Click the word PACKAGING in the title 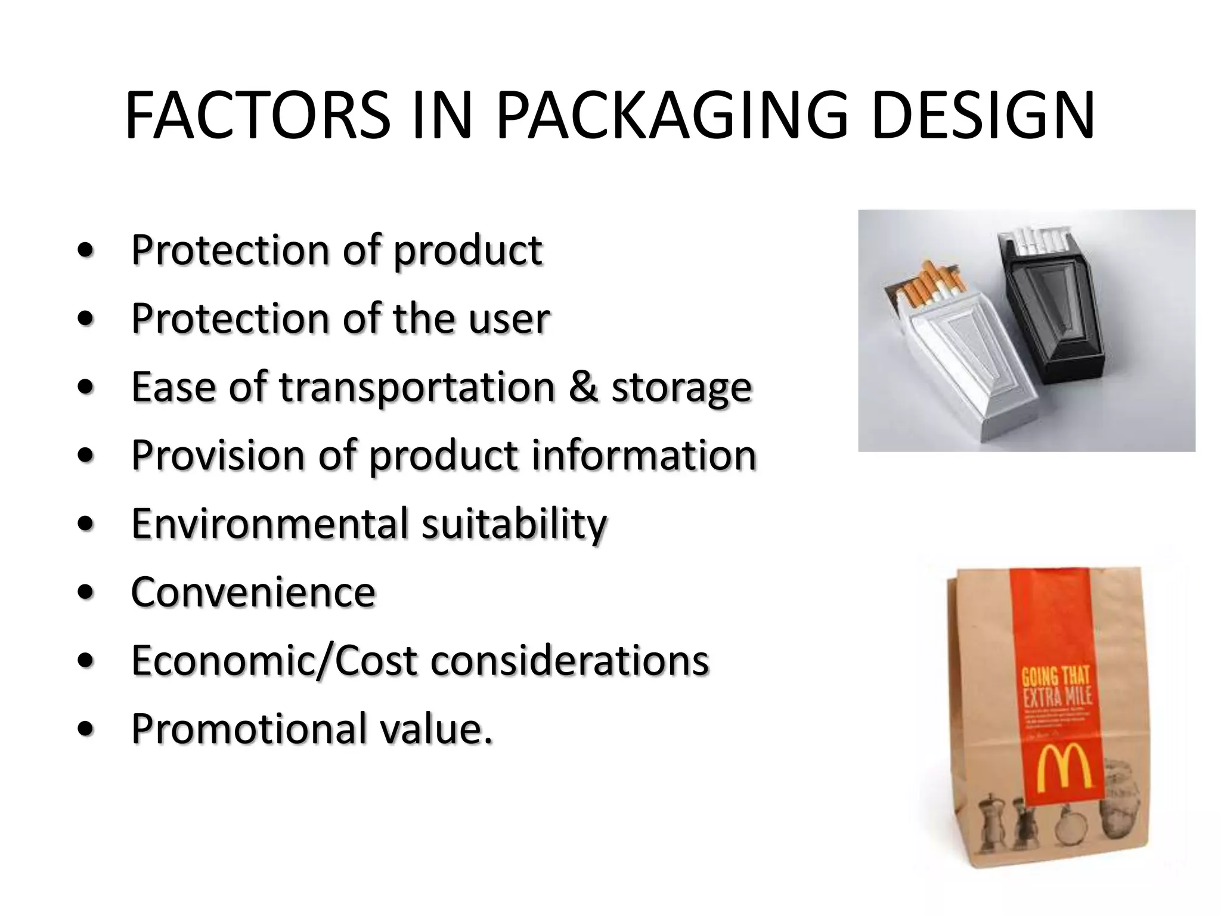point(671,116)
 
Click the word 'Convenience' point(253,592)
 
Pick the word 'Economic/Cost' point(274,661)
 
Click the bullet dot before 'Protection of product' point(86,251)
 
